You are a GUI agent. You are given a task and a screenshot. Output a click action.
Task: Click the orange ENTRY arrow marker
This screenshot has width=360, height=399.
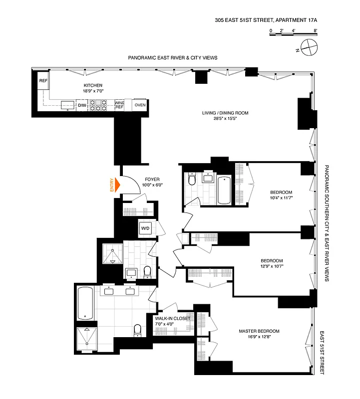point(118,185)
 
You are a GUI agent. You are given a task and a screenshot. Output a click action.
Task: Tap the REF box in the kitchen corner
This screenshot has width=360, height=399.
point(43,80)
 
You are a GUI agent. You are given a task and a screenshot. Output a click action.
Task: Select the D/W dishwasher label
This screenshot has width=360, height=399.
point(81,105)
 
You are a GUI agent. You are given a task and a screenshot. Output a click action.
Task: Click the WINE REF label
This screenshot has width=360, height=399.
point(119,105)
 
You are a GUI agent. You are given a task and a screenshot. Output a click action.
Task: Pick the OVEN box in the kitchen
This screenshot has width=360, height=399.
point(140,105)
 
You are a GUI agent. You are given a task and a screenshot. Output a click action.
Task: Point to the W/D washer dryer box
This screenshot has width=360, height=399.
point(145,229)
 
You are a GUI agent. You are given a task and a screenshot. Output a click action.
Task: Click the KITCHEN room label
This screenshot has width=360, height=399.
point(93,85)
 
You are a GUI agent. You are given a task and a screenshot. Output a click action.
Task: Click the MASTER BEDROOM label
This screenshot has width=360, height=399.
point(259,331)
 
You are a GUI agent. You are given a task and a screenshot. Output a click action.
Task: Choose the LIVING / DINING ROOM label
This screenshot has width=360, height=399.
point(225,113)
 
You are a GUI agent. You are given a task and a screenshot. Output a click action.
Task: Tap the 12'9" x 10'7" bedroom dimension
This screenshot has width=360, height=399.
point(272,266)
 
